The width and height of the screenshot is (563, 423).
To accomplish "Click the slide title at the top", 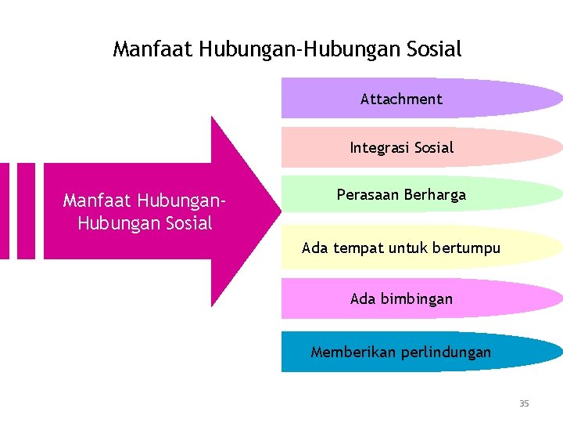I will point(287,49).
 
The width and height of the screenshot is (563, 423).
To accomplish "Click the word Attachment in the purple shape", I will point(401,99).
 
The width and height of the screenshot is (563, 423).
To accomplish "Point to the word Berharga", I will point(434,195).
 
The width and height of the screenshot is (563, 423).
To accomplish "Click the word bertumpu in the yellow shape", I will point(461,249).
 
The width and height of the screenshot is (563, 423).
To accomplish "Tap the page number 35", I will point(524,403).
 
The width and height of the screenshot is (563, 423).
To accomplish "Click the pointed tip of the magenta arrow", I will point(278,210).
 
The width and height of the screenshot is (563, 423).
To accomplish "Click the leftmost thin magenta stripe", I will point(4,210).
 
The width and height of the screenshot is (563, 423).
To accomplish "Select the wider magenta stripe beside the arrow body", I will point(26,210).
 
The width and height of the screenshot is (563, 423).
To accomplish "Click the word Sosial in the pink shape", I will point(434,147).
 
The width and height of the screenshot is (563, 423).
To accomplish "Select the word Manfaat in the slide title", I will point(153,49).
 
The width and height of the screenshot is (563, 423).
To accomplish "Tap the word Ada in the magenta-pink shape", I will point(363,298).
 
